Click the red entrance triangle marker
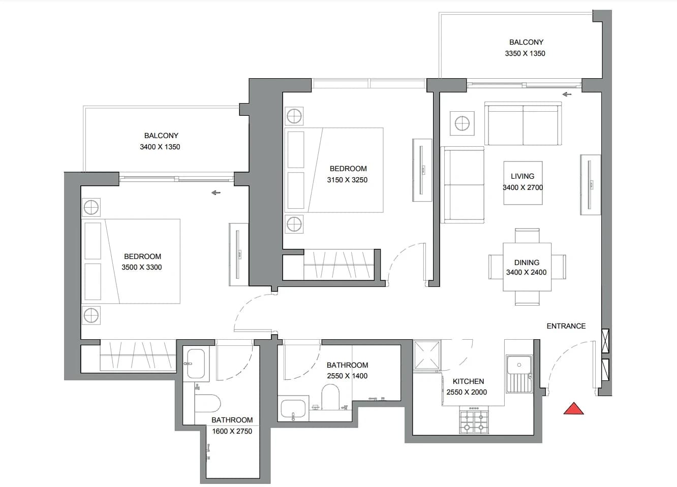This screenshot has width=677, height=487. pyautogui.click(x=574, y=409)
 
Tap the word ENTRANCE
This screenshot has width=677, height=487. pyautogui.click(x=566, y=326)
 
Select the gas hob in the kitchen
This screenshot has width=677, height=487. pyautogui.click(x=474, y=419)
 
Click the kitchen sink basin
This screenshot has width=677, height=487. pyautogui.click(x=519, y=365)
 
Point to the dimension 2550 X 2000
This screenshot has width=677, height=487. pyautogui.click(x=467, y=392)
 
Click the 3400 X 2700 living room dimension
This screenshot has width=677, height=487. pyautogui.click(x=522, y=187)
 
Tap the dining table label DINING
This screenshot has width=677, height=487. pyautogui.click(x=527, y=263)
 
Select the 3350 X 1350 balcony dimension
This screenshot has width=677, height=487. pyautogui.click(x=525, y=53)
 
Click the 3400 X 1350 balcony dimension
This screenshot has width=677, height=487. pyautogui.click(x=160, y=147)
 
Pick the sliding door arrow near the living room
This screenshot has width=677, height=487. pyautogui.click(x=567, y=94)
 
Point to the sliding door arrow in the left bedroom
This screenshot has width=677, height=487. pyautogui.click(x=216, y=192)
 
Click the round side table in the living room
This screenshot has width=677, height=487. pyautogui.click(x=462, y=123)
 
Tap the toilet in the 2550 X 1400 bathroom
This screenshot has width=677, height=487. pyautogui.click(x=330, y=397)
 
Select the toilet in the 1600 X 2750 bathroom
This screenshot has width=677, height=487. pyautogui.click(x=207, y=403)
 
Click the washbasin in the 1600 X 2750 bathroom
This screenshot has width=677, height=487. pyautogui.click(x=196, y=364)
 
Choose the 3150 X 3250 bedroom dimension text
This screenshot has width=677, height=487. pyautogui.click(x=347, y=180)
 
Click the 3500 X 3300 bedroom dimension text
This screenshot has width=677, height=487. pyautogui.click(x=142, y=267)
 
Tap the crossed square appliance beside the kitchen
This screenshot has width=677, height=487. pyautogui.click(x=427, y=355)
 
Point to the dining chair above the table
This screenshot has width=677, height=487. pyautogui.click(x=527, y=236)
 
